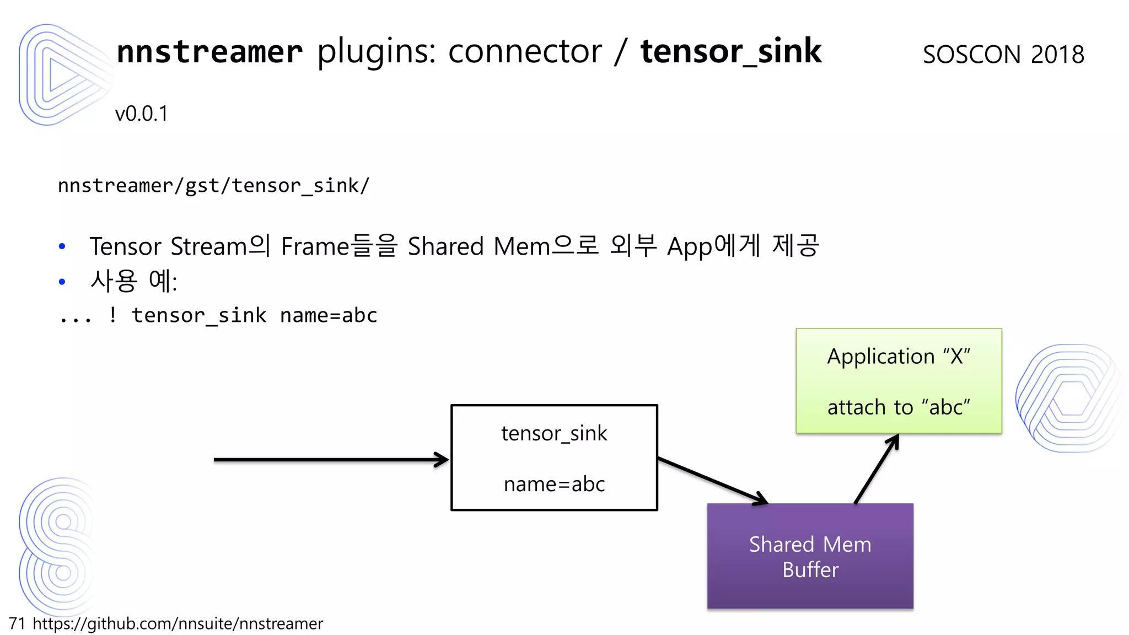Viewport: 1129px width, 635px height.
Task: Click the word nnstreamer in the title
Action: (209, 52)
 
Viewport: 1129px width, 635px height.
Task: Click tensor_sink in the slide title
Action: (730, 52)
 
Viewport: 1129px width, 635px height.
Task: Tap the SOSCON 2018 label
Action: (1003, 55)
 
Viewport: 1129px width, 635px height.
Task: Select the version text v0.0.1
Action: (141, 114)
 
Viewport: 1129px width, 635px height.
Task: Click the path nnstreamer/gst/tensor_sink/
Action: (213, 186)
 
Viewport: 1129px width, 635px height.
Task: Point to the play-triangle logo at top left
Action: (61, 74)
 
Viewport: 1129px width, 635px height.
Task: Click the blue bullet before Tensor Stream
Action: (62, 246)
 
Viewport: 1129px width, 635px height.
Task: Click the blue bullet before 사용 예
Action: (62, 282)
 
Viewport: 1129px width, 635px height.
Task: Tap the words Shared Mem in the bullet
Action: (478, 246)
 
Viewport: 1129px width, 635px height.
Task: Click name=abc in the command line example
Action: (329, 315)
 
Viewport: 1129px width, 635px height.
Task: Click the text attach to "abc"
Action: (899, 407)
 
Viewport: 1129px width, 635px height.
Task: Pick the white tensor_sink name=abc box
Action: (554, 458)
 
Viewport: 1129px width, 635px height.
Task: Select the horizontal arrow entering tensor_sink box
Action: (331, 459)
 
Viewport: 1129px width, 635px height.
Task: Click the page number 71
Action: (17, 623)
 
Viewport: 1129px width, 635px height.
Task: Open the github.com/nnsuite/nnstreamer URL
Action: (178, 623)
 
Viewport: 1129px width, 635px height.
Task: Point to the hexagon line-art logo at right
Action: (1069, 398)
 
